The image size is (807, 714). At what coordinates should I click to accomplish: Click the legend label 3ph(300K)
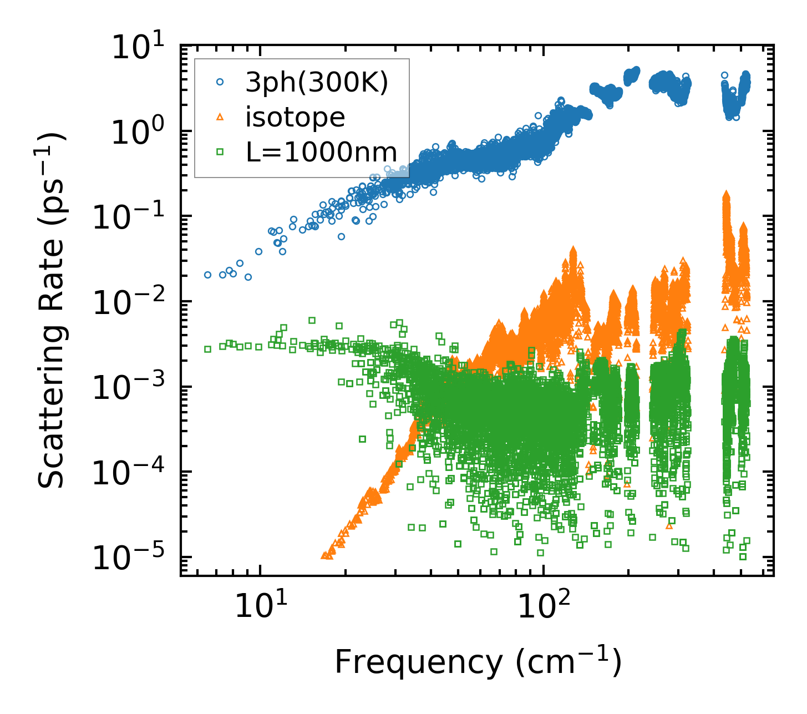click(x=317, y=83)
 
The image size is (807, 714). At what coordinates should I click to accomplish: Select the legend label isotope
click(x=295, y=118)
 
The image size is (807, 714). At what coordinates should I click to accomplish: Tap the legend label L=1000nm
click(x=321, y=151)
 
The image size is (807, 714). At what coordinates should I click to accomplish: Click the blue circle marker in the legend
click(x=220, y=82)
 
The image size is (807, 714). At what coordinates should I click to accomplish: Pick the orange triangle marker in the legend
click(x=220, y=117)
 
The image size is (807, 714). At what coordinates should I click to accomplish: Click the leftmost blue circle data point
click(x=207, y=275)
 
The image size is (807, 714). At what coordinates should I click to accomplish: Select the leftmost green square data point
click(x=207, y=349)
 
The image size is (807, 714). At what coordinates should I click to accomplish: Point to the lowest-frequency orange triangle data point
click(x=324, y=555)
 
